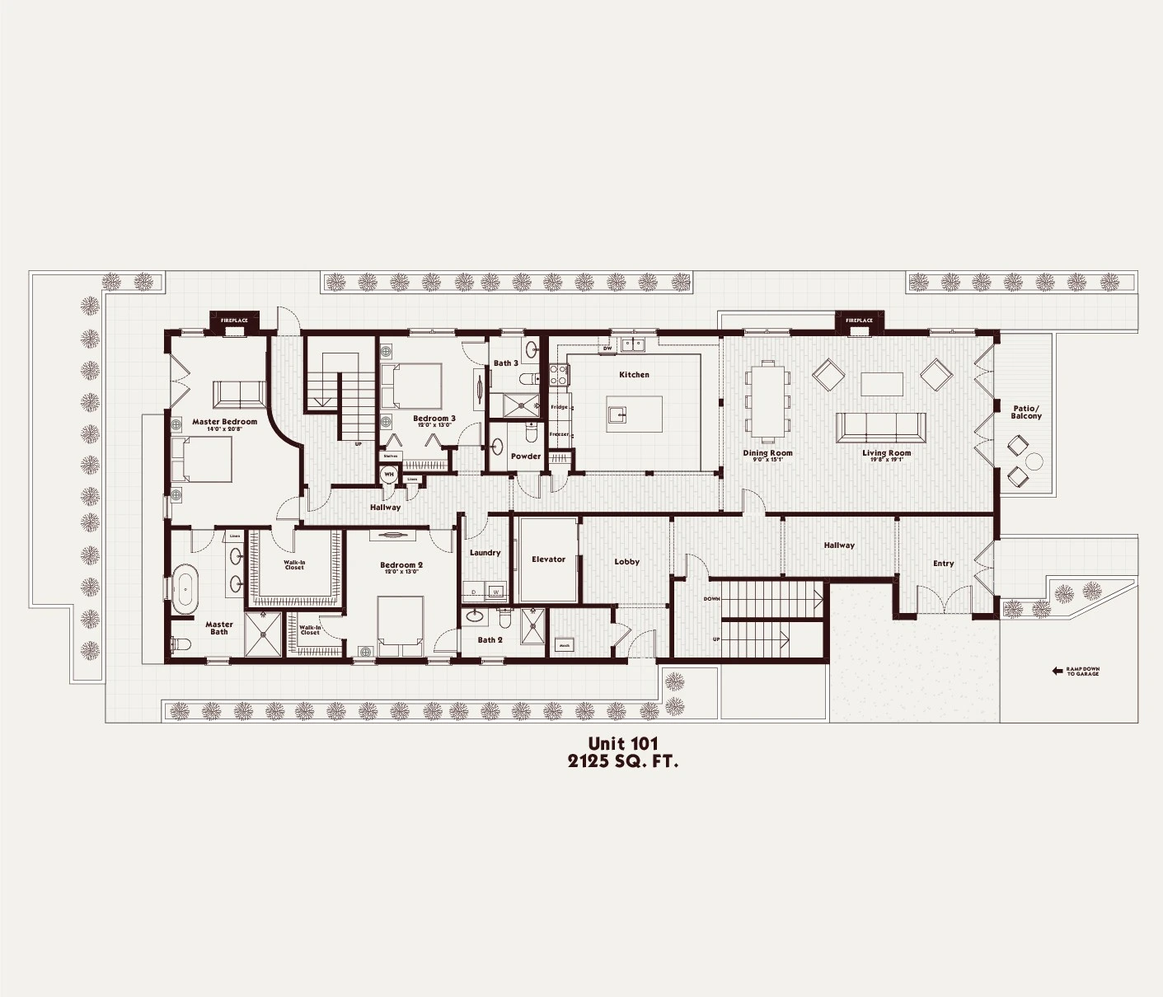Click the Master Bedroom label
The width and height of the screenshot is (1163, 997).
coord(224,422)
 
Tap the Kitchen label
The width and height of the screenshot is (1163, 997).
coord(634,375)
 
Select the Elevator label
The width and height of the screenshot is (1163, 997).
coord(548,559)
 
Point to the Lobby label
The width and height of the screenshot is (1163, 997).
coord(626,562)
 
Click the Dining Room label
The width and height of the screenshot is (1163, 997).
coord(767,453)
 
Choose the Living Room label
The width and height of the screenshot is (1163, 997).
coord(887,453)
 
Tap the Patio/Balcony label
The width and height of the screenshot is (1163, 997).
coord(1026,412)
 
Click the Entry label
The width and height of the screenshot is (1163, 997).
coord(943,564)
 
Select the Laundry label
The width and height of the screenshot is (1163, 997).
coord(485,553)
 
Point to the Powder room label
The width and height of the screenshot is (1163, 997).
coord(525,456)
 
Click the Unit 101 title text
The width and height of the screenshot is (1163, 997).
coord(623,744)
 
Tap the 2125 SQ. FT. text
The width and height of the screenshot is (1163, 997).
coord(623,762)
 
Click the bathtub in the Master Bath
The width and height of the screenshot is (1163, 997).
coord(185,589)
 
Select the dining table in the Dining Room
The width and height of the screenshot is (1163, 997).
coord(767,400)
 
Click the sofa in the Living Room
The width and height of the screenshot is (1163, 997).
coord(879,427)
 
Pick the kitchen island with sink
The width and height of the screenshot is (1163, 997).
coord(634,410)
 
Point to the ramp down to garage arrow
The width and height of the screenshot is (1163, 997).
coord(1057,672)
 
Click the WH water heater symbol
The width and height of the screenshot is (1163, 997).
coord(388,475)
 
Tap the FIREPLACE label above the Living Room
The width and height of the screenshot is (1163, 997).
coord(859,321)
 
